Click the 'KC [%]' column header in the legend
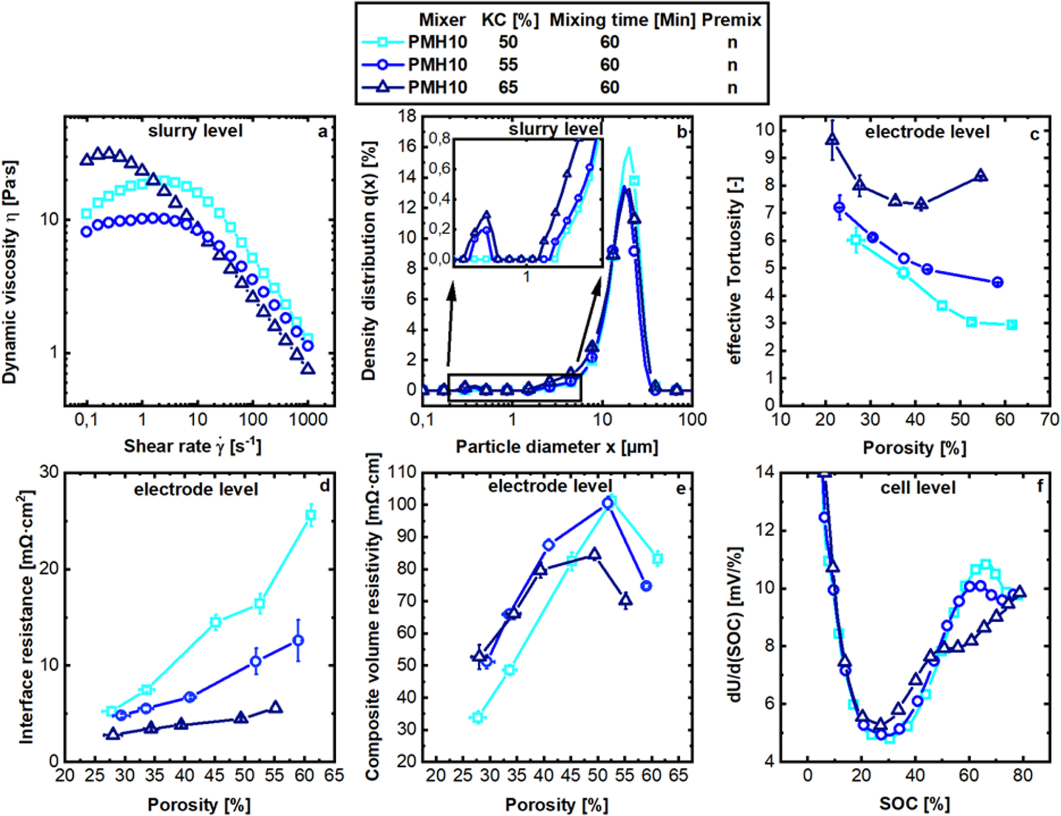(x=509, y=20)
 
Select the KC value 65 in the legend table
(x=508, y=87)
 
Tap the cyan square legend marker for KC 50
(x=382, y=42)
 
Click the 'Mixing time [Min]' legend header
(x=622, y=20)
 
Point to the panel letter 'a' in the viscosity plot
(x=322, y=132)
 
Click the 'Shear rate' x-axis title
(x=192, y=446)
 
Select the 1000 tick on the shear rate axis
(x=308, y=420)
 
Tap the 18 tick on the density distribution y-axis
(x=408, y=117)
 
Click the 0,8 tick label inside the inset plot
(x=440, y=138)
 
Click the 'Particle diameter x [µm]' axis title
(x=557, y=447)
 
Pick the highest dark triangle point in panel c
(x=832, y=139)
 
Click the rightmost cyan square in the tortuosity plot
(x=1011, y=325)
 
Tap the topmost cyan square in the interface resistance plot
(x=311, y=516)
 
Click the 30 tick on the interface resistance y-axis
(x=49, y=473)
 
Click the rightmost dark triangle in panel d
(x=276, y=707)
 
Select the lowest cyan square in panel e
(x=478, y=717)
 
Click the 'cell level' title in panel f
(x=918, y=487)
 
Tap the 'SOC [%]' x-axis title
(x=914, y=804)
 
